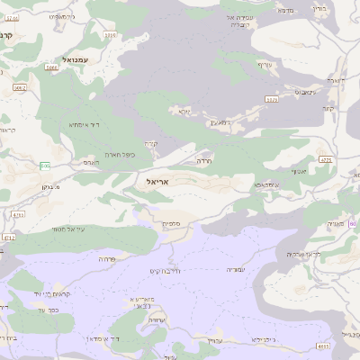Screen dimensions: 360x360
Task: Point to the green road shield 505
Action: [44, 166]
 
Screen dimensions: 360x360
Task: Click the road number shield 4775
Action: [325, 160]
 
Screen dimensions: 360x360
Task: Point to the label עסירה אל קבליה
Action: [246, 21]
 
